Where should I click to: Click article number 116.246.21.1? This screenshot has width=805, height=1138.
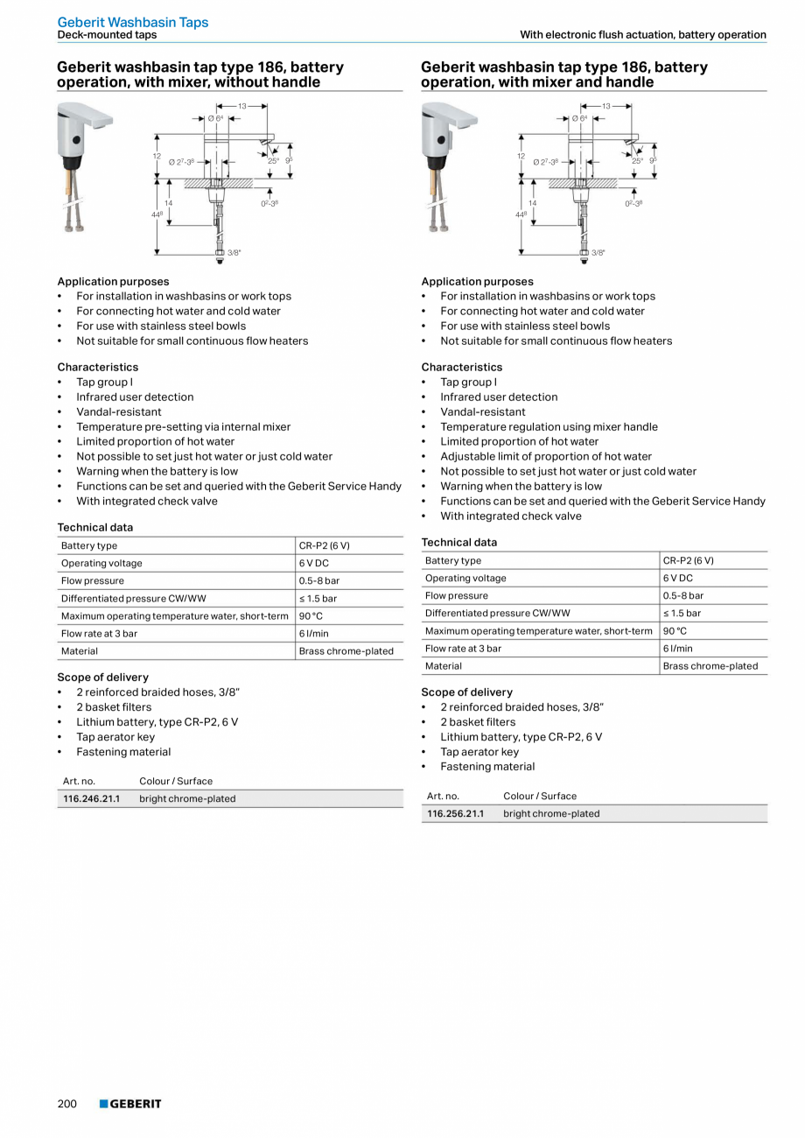pos(91,798)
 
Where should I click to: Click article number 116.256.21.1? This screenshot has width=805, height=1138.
pos(455,813)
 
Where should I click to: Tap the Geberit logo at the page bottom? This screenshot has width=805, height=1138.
pos(130,1104)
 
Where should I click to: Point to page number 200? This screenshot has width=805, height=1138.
pos(67,1104)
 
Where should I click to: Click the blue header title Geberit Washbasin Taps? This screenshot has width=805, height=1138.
pos(133,22)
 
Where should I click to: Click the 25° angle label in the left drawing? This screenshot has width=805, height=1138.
pos(274,161)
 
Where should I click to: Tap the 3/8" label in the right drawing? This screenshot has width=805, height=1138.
pos(598,252)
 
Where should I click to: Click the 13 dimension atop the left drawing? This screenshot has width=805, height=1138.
pos(242,106)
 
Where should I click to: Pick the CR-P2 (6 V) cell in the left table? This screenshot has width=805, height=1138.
pos(324,545)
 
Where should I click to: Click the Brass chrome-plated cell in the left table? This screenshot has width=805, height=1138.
pos(346,650)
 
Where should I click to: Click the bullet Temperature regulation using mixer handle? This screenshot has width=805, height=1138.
pos(549,426)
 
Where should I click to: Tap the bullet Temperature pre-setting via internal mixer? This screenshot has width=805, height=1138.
pos(183,426)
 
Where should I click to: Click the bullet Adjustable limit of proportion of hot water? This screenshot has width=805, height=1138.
pos(546,456)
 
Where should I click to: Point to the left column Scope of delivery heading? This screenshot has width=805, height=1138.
pos(103,677)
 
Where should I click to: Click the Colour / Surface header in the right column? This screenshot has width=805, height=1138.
pos(540,796)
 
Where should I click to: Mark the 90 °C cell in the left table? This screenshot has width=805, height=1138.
pos(311,615)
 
